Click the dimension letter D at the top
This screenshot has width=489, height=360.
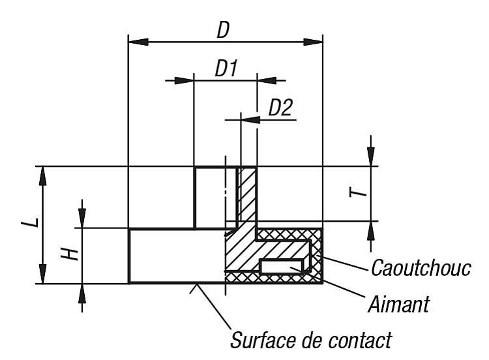223,29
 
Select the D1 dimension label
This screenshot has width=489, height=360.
226,68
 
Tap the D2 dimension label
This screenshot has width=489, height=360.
280,108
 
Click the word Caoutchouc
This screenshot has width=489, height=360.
421,267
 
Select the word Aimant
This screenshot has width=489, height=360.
399,304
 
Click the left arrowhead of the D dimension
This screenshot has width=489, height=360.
138,42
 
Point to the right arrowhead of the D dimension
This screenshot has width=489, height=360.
313,42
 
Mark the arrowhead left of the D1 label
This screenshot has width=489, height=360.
184,80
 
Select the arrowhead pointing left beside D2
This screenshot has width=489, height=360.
250,119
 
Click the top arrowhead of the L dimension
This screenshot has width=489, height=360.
43,176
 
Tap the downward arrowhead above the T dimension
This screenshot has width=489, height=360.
370,157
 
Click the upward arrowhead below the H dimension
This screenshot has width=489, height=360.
82,293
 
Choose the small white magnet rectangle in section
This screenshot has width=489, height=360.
281,267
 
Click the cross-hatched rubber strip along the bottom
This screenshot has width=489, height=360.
274,278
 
